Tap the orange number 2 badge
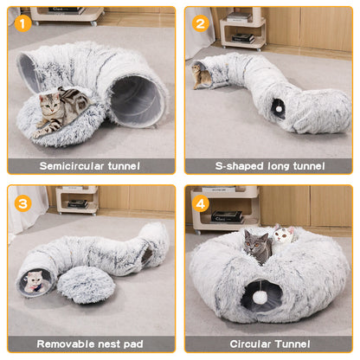point(201,22)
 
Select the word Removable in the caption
point(66,344)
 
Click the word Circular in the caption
point(254,344)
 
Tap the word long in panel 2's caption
point(280,165)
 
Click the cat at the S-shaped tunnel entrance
point(203,77)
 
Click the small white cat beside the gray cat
point(282,235)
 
